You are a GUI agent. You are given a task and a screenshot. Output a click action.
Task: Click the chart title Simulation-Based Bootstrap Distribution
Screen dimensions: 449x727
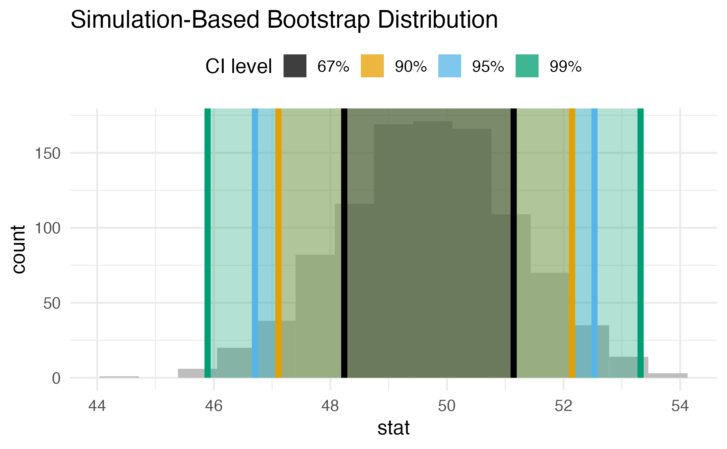284,20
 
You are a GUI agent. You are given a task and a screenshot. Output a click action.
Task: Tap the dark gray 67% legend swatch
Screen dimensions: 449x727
295,66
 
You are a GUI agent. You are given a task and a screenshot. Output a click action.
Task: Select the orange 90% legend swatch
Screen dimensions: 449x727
372,66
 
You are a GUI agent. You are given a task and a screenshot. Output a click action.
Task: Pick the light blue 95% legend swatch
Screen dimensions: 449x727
449,66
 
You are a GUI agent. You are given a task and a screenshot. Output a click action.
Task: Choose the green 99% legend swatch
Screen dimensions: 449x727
527,66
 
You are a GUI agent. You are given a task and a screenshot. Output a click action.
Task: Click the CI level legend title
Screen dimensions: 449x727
239,66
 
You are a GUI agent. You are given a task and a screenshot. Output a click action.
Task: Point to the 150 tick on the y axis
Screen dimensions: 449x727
48,153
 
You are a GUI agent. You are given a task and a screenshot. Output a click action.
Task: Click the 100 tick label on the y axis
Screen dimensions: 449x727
48,228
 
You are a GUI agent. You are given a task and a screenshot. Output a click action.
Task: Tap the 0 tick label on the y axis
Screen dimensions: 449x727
56,378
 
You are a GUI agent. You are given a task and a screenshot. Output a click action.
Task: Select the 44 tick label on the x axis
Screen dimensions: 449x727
97,406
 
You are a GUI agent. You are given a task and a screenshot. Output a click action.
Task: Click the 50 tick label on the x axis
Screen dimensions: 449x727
447,406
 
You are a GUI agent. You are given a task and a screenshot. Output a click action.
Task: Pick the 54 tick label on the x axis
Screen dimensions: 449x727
680,406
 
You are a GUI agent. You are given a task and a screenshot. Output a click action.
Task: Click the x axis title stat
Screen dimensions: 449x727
394,428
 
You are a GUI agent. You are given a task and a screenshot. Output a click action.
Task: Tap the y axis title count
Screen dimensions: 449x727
19,249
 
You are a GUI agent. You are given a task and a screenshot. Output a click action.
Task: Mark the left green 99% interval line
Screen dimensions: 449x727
207,242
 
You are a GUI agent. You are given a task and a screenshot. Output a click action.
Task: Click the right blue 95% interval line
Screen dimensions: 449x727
594,242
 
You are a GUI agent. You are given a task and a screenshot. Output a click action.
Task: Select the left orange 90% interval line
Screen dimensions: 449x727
278,242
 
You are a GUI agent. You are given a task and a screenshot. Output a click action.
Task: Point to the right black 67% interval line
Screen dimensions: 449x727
514,242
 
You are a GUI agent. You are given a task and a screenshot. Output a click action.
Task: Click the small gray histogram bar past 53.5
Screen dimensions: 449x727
668,376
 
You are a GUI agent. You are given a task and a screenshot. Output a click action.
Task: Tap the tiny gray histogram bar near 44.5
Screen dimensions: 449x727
119,377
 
